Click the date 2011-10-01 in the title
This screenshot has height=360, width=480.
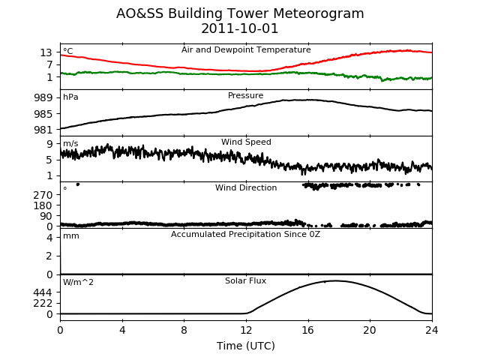pyautogui.click(x=240, y=28)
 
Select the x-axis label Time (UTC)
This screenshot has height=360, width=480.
pyautogui.click(x=246, y=346)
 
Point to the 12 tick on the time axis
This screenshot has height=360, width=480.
pyautogui.click(x=246, y=330)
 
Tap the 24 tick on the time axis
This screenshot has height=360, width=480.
pyautogui.click(x=432, y=330)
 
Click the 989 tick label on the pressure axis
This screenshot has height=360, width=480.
pyautogui.click(x=43, y=98)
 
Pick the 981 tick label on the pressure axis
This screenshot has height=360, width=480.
pyautogui.click(x=43, y=130)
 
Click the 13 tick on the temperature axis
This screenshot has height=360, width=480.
pyautogui.click(x=46, y=52)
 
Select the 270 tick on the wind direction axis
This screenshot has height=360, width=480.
pyautogui.click(x=43, y=195)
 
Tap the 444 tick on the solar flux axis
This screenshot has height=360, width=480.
pyautogui.click(x=43, y=292)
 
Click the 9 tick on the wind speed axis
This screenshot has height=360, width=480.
pyautogui.click(x=49, y=144)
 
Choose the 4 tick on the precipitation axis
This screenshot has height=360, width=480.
pyautogui.click(x=49, y=238)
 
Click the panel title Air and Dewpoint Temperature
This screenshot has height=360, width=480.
pyautogui.click(x=246, y=50)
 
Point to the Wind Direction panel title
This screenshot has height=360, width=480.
pyautogui.click(x=246, y=187)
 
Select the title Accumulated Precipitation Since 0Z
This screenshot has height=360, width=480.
pyautogui.click(x=245, y=235)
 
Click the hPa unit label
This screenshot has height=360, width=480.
pyautogui.click(x=70, y=97)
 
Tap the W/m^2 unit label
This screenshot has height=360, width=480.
pyautogui.click(x=78, y=282)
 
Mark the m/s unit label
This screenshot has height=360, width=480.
pyautogui.click(x=70, y=143)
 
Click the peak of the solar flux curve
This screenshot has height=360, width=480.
pyautogui.click(x=335, y=280)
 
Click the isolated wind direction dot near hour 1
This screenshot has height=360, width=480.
pyautogui.click(x=78, y=184)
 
